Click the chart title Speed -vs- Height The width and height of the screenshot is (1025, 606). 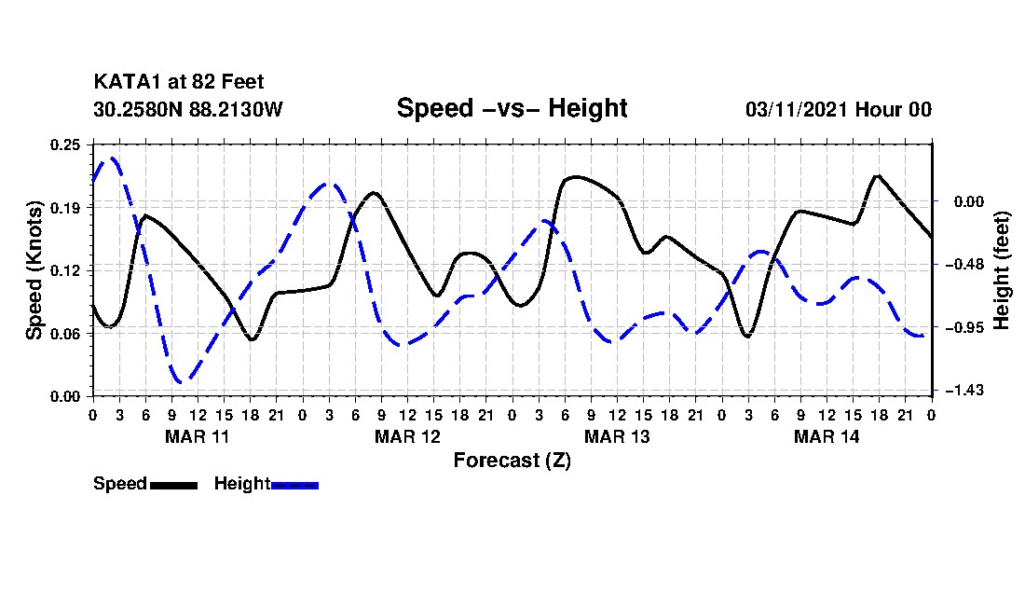512,108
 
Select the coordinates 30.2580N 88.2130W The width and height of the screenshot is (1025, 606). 187,109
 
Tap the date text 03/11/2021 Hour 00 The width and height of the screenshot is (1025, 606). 838,109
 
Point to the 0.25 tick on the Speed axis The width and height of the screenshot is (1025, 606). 67,144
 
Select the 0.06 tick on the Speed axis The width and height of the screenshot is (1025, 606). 67,333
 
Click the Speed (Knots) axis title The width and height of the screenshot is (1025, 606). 34,269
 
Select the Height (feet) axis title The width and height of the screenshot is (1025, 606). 1003,269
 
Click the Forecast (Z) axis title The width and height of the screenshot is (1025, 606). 512,460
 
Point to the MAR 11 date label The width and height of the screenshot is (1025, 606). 197,436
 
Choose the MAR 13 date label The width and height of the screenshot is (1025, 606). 616,436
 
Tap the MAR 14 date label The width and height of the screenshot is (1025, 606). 826,436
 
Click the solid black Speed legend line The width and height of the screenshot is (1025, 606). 173,485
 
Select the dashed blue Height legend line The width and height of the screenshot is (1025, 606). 294,485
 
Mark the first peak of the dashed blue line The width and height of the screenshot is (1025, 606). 112,158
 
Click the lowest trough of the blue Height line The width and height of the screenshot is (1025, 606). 183,381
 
